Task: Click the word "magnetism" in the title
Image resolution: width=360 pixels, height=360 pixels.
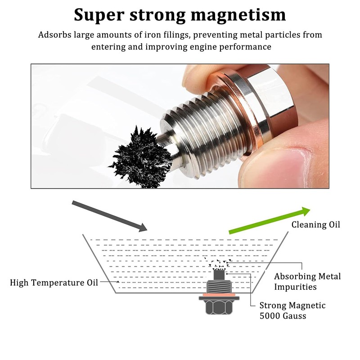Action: point(238,14)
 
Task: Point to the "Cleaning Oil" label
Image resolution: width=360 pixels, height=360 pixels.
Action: point(316,225)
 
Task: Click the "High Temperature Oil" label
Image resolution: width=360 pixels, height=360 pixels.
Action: point(54,283)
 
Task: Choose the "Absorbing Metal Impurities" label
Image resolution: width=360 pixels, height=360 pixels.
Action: point(307,282)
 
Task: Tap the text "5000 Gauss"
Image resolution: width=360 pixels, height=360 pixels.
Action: point(283,316)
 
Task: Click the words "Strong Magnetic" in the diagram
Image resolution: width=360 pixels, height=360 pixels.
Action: point(292,306)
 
